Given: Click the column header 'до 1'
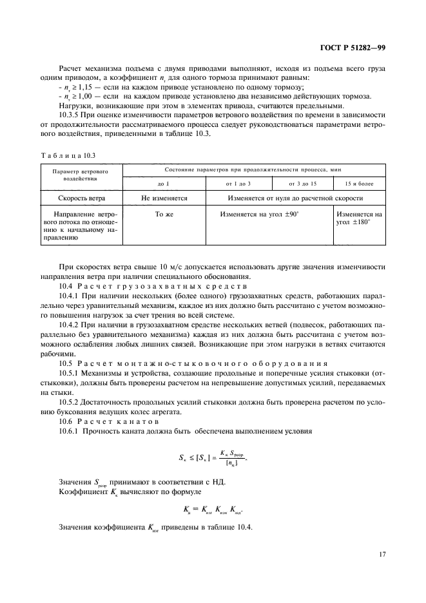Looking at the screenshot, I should click(164, 184).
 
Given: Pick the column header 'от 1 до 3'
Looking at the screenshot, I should click(239, 184).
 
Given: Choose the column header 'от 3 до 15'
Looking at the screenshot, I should click(302, 184).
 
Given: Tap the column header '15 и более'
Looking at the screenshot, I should click(359, 184).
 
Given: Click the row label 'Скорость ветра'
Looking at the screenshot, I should click(81, 199).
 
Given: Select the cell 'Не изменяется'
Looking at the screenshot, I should click(164, 199).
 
